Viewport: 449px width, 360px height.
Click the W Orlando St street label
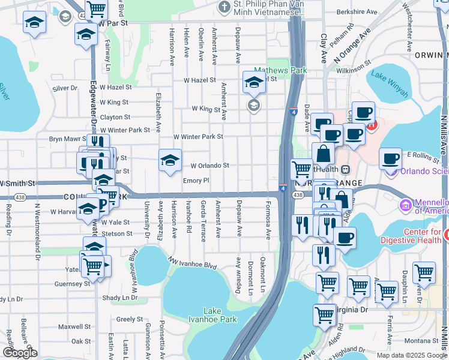pyautogui.click(x=210, y=166)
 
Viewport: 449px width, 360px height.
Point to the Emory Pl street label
pyautogui.click(x=196, y=180)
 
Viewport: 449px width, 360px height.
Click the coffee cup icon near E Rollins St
pyautogui.click(x=390, y=158)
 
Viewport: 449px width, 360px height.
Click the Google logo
pyautogui.click(x=20, y=353)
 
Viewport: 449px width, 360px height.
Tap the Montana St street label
pyautogui.click(x=419, y=341)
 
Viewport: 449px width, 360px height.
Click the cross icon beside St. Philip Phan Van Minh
pyautogui.click(x=224, y=8)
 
